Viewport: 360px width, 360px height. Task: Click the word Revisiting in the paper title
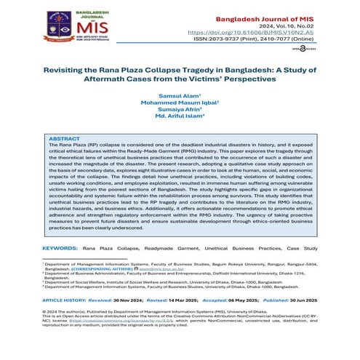(x=55, y=72)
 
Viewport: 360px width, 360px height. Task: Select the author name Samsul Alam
(x=178, y=95)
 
